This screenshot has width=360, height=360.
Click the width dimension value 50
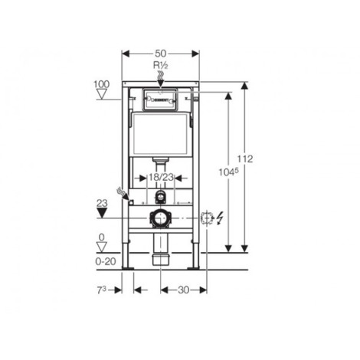(x=161, y=54)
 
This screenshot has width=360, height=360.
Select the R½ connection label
(x=160, y=67)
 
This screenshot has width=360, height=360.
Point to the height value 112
(x=246, y=158)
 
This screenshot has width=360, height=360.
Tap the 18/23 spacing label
(x=160, y=177)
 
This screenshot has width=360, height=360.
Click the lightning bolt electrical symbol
(x=221, y=218)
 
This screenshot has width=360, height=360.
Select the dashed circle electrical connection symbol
(x=205, y=218)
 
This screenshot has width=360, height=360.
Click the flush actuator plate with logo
(x=160, y=99)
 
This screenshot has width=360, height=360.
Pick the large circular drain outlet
(x=160, y=218)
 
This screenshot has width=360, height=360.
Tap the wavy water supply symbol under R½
(x=160, y=76)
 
